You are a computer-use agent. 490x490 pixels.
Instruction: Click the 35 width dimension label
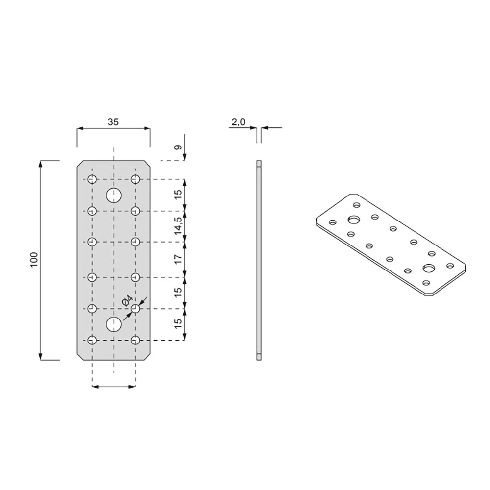coord(113,122)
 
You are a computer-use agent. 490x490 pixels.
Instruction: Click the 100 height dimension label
coord(34,260)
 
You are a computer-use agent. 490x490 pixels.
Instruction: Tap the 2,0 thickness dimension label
coord(239,122)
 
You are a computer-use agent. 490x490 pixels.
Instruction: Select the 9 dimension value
coord(178,147)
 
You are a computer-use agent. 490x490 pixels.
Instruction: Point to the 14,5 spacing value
coord(178,225)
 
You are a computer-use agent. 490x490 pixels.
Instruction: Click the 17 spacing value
coord(178,259)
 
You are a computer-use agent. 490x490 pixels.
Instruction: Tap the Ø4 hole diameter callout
coord(127,301)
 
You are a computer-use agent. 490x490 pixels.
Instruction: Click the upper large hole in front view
coord(114,196)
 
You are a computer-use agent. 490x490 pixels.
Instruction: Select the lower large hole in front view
coord(114,324)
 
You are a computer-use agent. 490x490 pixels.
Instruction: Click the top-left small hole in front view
coord(92,179)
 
